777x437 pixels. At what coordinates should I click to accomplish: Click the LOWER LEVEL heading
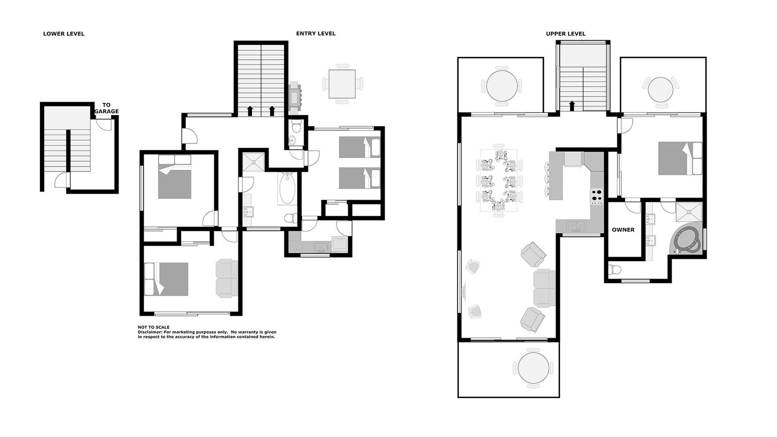point(64,34)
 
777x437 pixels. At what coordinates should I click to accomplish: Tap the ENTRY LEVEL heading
point(316,34)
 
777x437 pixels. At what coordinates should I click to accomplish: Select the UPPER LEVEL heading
point(566,34)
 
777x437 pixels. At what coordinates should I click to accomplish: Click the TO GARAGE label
point(106,108)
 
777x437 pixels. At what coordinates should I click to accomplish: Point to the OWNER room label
point(624,230)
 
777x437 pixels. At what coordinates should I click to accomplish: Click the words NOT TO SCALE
point(153,327)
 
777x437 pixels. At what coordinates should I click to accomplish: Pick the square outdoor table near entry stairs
point(342,84)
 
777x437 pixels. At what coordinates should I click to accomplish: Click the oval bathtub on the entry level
point(287,189)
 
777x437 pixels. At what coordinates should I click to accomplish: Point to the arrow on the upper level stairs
point(572,106)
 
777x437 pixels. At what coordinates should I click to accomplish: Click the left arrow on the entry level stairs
point(250,111)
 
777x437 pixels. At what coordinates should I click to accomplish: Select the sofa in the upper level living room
point(544,288)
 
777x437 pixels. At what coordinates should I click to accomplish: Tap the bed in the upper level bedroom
point(680,158)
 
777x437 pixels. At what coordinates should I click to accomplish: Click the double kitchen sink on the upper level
point(576,226)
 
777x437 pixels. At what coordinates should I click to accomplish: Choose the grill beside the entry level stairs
point(295,98)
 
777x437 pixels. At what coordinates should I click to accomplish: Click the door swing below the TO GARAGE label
point(104,124)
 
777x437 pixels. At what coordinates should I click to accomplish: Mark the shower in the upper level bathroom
point(689,212)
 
